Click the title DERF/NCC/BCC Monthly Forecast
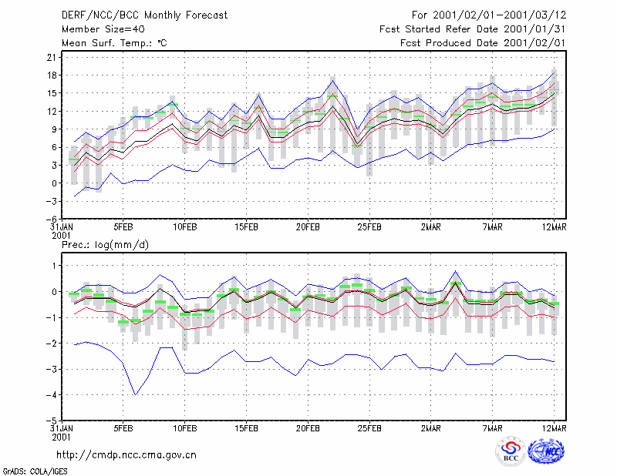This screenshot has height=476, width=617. point(144,15)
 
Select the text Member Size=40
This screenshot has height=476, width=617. point(103,29)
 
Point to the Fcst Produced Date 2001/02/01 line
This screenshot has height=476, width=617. point(483,43)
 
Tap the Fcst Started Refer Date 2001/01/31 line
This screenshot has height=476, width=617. point(473,29)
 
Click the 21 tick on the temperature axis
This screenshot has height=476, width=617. point(52,58)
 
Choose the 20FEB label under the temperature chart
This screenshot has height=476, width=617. point(308,227)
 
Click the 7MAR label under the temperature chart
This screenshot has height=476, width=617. point(492,227)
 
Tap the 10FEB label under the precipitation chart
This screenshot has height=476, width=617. point(185,428)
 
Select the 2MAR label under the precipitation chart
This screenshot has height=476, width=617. point(431,428)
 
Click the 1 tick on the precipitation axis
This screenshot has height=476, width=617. point(54,266)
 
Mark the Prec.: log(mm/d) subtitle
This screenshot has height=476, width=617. point(105,245)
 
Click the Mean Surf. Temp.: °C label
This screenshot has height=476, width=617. point(114,43)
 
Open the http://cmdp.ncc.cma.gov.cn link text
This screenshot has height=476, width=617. point(126,455)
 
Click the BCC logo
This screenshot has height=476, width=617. point(511,452)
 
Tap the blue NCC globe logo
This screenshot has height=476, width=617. point(546,451)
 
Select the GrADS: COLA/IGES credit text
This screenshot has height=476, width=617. point(35,471)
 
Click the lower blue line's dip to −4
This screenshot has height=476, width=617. point(136,394)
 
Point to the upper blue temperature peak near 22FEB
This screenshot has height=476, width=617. point(333,81)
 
